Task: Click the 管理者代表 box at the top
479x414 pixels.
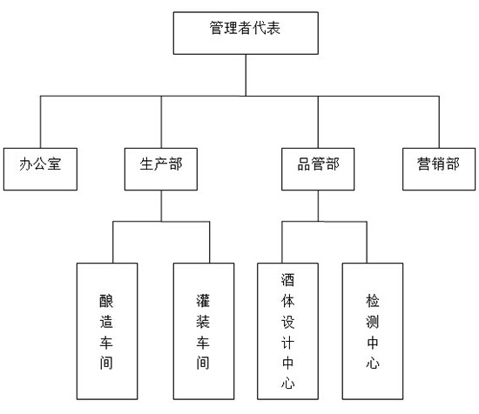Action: click(x=246, y=33)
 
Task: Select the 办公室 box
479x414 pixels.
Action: click(x=40, y=169)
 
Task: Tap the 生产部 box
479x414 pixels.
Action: click(x=161, y=169)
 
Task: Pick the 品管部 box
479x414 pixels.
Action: click(x=318, y=169)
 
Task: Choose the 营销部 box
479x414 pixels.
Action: click(x=439, y=169)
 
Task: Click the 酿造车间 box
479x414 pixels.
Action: click(x=107, y=331)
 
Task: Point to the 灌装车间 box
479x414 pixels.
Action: click(x=204, y=331)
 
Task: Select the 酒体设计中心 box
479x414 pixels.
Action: click(x=287, y=331)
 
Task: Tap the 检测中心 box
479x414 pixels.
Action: click(x=373, y=331)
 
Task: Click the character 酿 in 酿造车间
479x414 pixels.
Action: click(x=106, y=301)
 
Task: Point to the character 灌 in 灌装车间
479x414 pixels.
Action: click(x=203, y=301)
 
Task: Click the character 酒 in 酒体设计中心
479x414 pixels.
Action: click(x=287, y=280)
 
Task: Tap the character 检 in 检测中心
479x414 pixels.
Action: click(x=373, y=301)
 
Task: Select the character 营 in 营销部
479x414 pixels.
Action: click(x=424, y=164)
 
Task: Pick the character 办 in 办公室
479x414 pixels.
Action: click(x=26, y=164)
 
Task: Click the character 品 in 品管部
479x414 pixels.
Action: click(x=304, y=164)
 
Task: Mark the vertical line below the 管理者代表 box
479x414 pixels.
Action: click(x=246, y=76)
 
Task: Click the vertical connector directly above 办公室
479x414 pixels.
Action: click(x=41, y=122)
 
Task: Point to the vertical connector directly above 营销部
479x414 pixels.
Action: click(x=439, y=122)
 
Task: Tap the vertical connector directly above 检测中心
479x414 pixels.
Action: click(x=367, y=243)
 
